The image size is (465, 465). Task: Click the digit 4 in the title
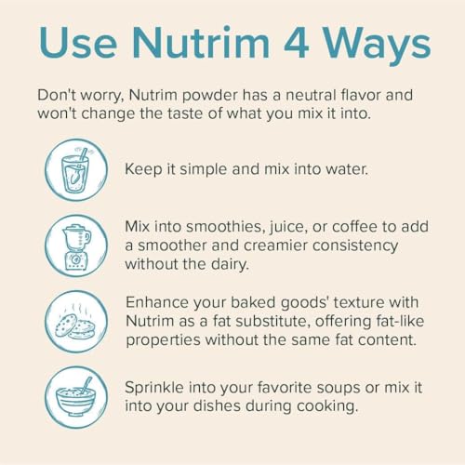coord(296,43)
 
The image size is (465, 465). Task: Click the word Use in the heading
coord(78,43)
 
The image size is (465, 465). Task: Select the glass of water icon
coord(76,170)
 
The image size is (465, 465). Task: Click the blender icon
coord(76,246)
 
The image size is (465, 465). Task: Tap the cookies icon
coord(76,322)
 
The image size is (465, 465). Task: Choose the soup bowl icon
coord(76,397)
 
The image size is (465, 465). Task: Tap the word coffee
coord(354,227)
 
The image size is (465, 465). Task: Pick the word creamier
coord(276,246)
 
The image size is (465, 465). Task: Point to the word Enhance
coord(157,302)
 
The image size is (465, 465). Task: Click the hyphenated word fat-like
coord(400,321)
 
